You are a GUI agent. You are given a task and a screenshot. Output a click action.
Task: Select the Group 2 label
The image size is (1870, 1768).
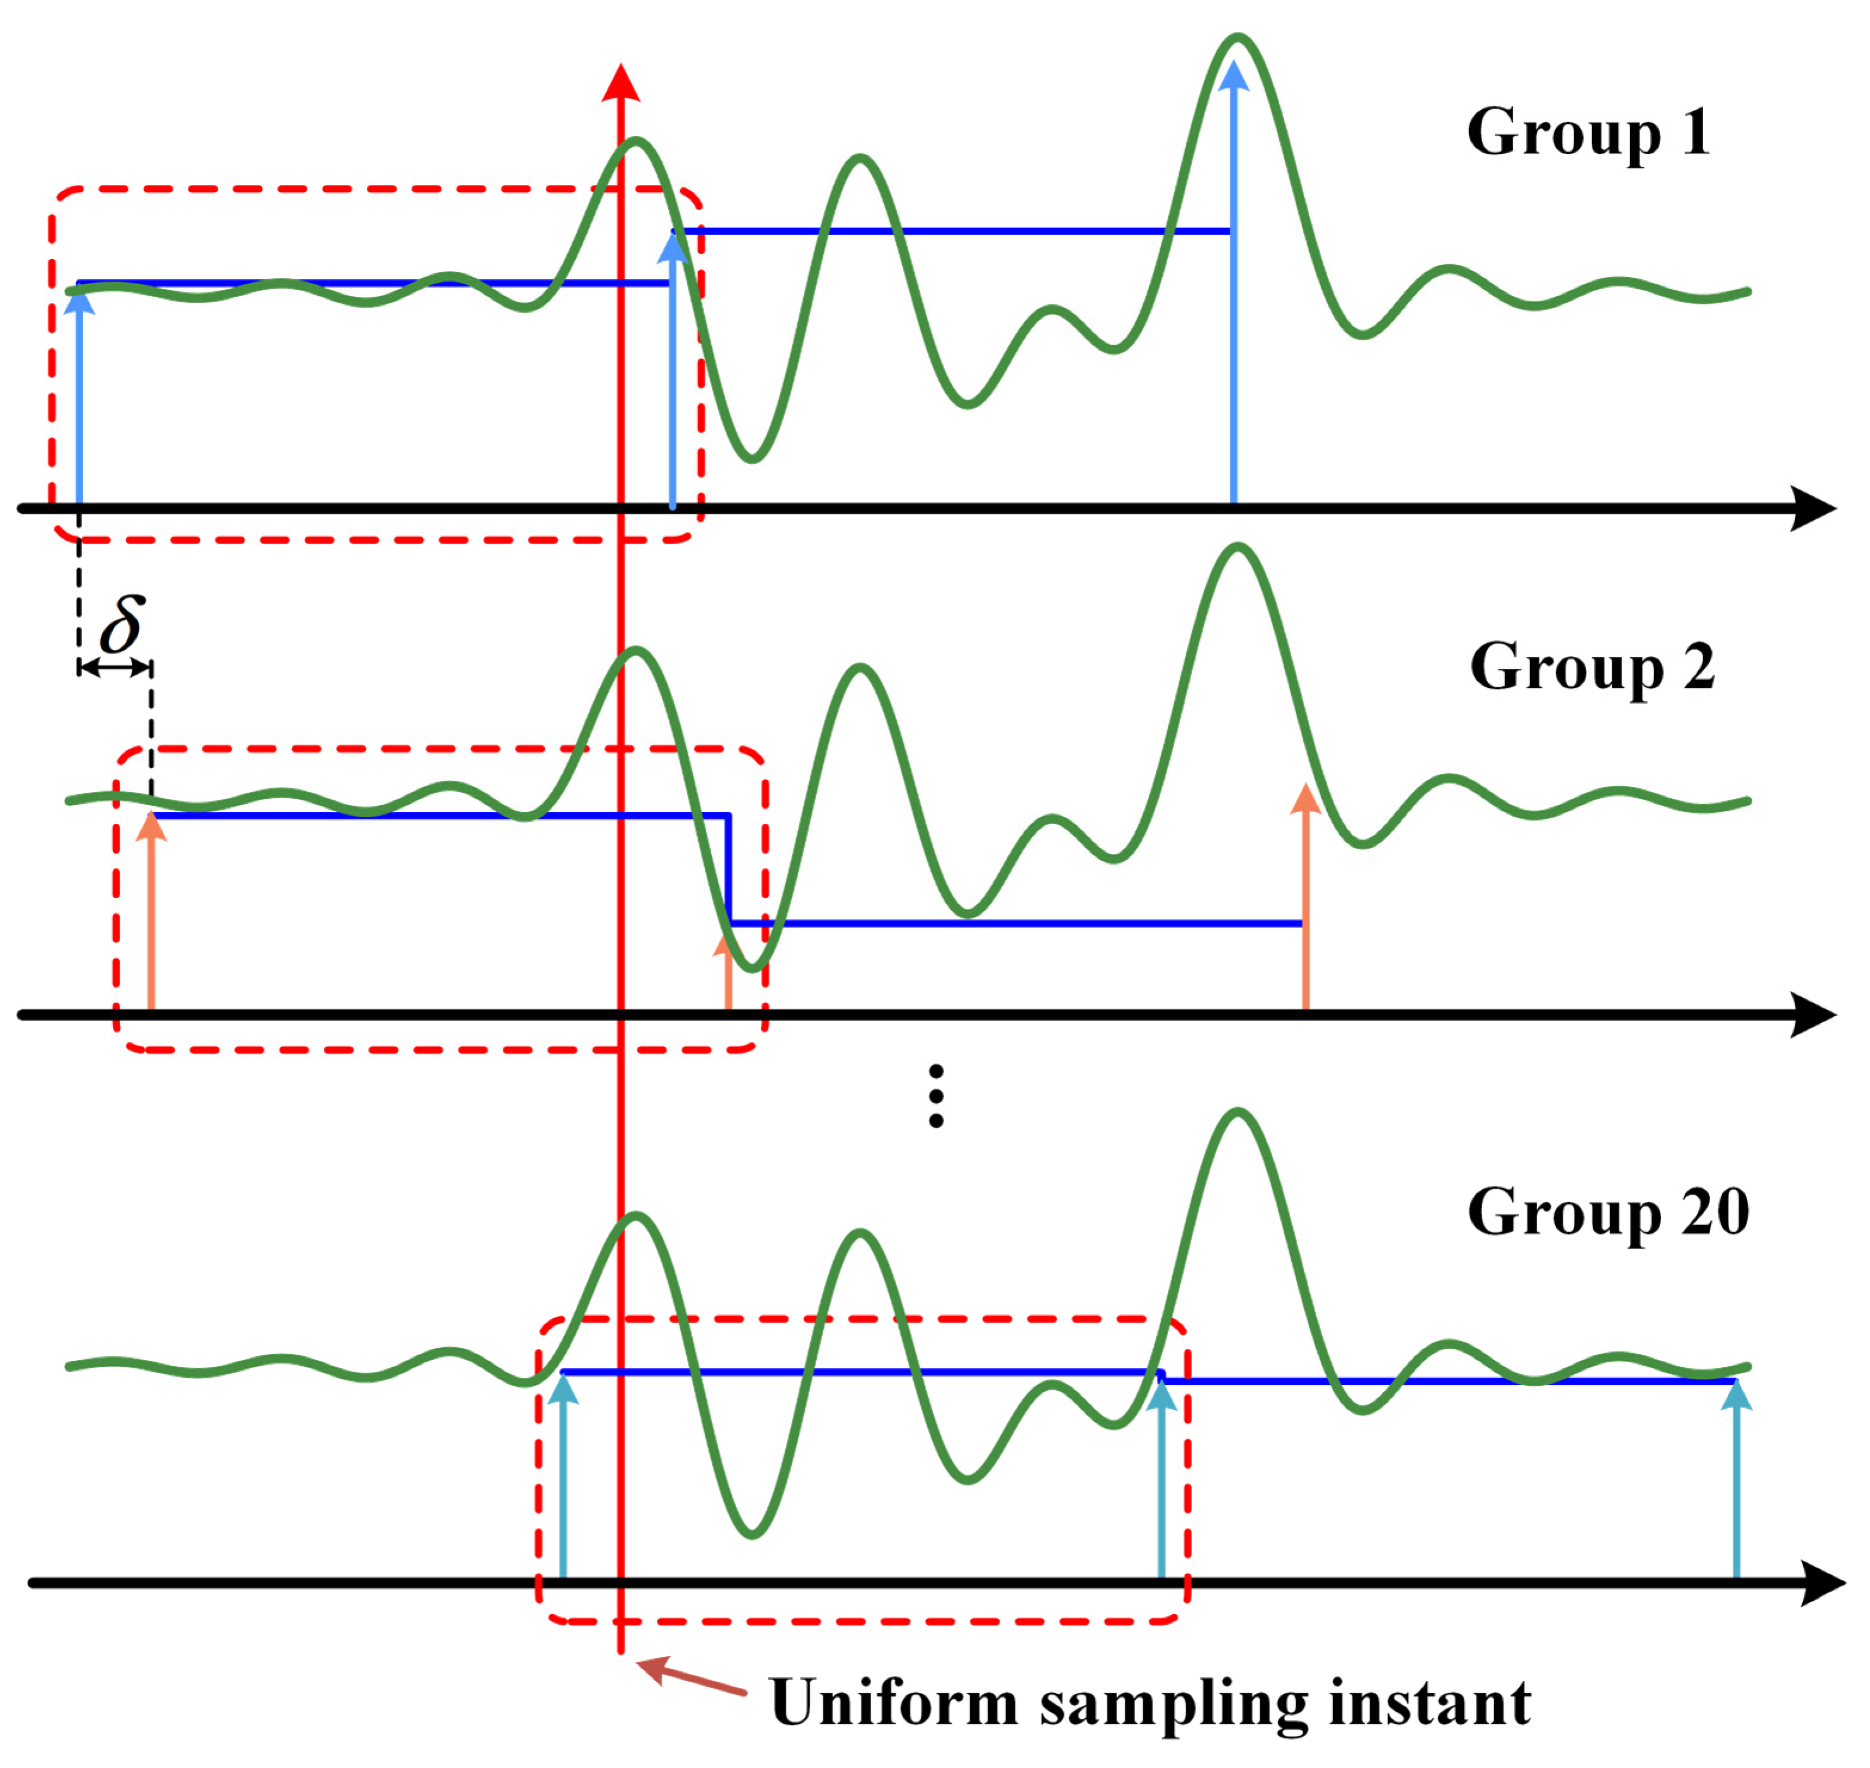coord(1591,667)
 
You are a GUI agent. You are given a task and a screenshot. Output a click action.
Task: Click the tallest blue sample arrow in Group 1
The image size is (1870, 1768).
coord(1233,283)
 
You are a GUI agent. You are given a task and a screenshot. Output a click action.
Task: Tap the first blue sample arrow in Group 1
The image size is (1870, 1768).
coord(79,396)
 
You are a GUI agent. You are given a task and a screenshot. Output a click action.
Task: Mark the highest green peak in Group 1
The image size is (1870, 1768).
coord(1236,39)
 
